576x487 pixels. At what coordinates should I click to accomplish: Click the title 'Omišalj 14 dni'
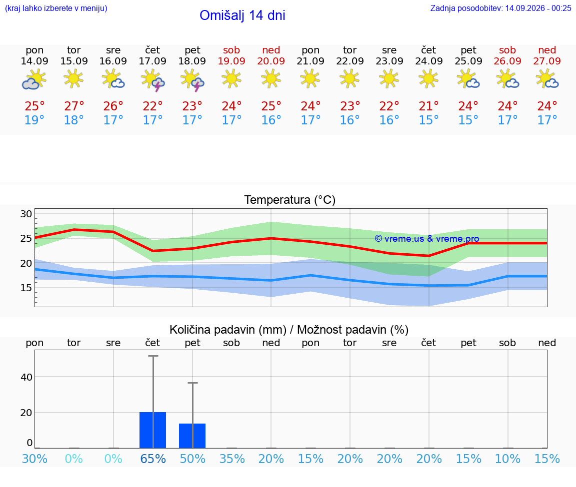242,15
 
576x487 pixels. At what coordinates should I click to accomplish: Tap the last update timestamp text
500,8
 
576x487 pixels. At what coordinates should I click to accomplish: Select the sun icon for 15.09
73,79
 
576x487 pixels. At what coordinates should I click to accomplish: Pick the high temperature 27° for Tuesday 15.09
74,106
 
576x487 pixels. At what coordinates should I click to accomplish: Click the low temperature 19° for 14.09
34,120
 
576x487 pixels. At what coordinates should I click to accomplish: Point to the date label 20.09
271,61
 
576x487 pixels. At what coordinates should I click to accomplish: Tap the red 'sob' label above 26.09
507,50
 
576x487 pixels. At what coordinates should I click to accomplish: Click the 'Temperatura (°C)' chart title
290,200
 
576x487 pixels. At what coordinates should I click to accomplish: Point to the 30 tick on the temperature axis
26,214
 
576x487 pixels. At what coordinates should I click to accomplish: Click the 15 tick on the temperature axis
26,288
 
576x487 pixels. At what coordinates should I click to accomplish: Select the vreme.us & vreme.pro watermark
427,239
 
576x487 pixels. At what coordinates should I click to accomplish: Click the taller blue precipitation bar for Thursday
153,430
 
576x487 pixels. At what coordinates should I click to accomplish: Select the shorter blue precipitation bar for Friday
192,436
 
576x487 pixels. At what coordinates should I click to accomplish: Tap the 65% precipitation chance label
153,459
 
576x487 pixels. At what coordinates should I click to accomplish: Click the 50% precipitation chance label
192,459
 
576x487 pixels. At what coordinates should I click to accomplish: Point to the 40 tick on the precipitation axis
26,377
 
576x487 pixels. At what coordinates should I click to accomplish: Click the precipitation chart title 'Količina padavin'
228,330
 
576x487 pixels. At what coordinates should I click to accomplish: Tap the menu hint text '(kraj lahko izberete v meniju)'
56,8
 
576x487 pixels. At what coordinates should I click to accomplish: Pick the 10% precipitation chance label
507,459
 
